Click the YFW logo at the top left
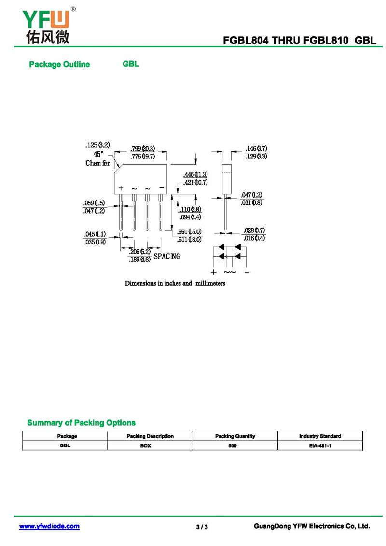(x=48, y=26)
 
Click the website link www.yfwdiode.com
(x=49, y=526)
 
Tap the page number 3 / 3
(x=202, y=527)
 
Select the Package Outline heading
(x=59, y=64)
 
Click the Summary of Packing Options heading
(x=82, y=423)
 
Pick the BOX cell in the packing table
(x=145, y=445)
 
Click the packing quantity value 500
(x=233, y=445)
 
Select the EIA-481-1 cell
(x=320, y=445)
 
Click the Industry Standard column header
(x=320, y=436)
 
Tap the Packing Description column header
(x=150, y=436)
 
